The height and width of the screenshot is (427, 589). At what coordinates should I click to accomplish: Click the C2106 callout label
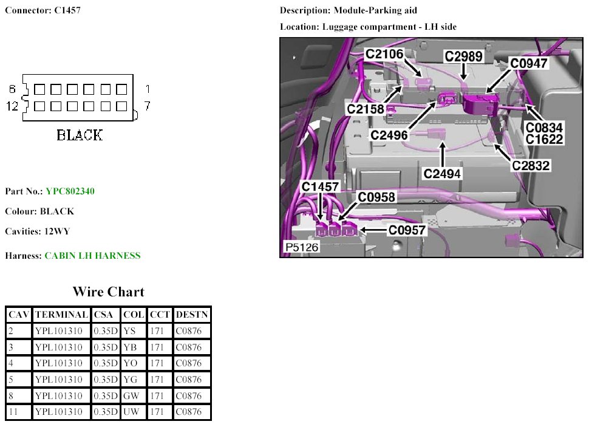[384, 54]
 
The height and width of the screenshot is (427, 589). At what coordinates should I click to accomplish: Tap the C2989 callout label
[463, 56]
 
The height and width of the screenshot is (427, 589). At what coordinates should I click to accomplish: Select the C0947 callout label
[528, 63]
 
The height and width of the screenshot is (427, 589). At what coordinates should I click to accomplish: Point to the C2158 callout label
[366, 109]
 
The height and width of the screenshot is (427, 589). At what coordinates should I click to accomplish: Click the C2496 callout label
[389, 135]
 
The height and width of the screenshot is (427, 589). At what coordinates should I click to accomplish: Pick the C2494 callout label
[443, 174]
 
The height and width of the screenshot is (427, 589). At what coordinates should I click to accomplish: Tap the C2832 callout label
[531, 165]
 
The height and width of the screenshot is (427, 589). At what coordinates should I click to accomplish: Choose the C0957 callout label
[407, 230]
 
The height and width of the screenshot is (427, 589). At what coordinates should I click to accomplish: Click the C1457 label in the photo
[320, 187]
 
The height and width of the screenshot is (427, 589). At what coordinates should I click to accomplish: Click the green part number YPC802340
[70, 191]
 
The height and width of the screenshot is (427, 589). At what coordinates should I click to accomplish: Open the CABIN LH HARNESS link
[92, 256]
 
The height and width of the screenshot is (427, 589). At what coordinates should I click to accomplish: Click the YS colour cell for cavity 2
[129, 330]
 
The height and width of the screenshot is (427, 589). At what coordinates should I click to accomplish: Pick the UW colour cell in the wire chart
[131, 412]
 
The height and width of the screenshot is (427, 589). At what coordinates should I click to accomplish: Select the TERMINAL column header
[61, 315]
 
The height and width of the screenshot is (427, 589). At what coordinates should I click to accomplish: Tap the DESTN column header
[192, 315]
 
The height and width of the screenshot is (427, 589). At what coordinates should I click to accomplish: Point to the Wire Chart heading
[109, 292]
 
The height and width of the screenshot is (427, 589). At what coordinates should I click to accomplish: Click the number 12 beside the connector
[12, 106]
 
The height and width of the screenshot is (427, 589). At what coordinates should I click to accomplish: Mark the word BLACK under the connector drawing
[80, 135]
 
